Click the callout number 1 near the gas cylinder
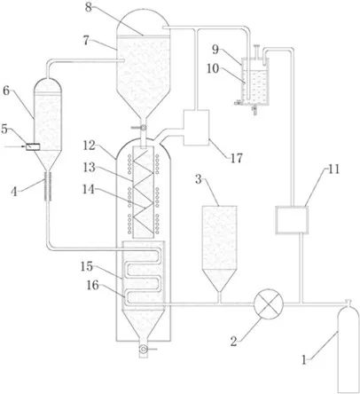coord(304,360)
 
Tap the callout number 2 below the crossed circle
coord(234,342)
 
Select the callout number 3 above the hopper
coord(199,179)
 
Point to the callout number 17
coord(237,158)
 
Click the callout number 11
coord(333,169)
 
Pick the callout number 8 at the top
coord(89,7)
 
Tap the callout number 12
coord(89,146)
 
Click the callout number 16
coord(92,286)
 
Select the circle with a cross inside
coord(269,303)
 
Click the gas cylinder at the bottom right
coord(348,348)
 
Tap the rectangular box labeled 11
coord(292,220)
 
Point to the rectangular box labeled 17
coord(196,128)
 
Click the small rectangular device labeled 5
coord(33,146)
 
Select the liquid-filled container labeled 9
coord(255,83)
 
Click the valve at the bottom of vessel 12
coord(144,349)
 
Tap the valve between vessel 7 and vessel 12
coord(142,128)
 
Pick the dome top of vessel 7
coord(143,22)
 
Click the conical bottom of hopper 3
coord(219,280)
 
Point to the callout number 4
coord(14,192)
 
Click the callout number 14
coord(89,189)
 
